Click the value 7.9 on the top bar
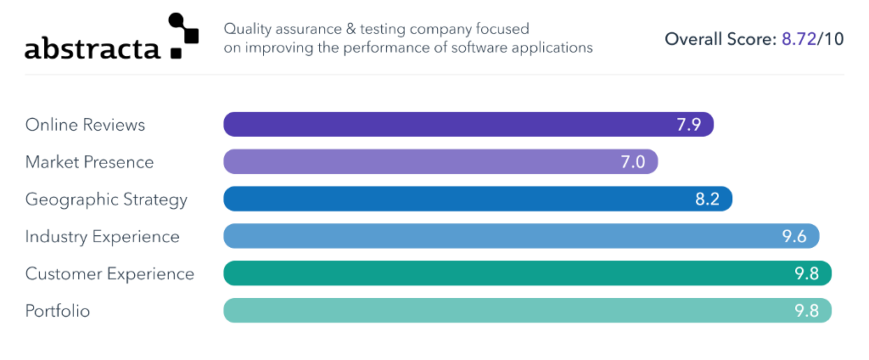point(688,125)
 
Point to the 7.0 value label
point(633,162)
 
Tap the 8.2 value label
point(707,200)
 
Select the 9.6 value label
point(794,236)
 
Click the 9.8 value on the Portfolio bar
point(806,311)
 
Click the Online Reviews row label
point(85,125)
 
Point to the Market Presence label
point(89,162)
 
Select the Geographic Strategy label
point(106,200)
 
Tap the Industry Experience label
point(102,236)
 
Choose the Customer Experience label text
point(109,273)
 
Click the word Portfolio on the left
point(58,311)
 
